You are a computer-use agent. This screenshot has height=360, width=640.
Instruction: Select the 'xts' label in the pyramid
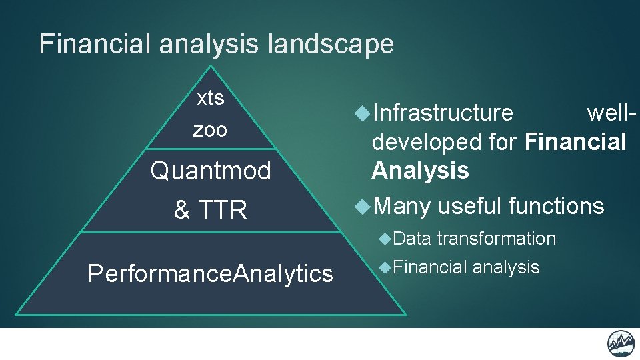click(x=211, y=99)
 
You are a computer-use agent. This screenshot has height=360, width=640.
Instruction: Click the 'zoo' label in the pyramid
click(x=210, y=130)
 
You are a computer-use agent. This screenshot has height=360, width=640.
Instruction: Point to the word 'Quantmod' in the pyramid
click(x=211, y=171)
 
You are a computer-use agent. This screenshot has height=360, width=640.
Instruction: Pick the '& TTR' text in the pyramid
click(x=210, y=211)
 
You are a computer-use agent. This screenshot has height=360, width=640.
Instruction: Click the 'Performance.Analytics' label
click(x=210, y=273)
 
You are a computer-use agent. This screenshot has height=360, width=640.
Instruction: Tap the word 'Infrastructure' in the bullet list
click(x=443, y=113)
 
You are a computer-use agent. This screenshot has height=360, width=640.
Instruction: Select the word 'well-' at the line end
click(x=611, y=113)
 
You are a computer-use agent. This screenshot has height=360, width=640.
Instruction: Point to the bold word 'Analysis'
click(x=420, y=171)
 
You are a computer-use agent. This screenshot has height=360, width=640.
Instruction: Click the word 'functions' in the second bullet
click(x=556, y=207)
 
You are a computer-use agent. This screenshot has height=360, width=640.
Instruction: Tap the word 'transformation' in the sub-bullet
click(x=497, y=239)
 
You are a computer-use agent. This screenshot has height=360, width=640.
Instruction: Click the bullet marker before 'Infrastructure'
click(x=362, y=113)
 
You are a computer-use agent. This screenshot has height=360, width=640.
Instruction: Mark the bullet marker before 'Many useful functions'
click(x=362, y=207)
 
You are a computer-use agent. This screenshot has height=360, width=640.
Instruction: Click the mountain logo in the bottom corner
click(x=621, y=343)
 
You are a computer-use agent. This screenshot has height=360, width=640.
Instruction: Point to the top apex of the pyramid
click(x=211, y=67)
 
